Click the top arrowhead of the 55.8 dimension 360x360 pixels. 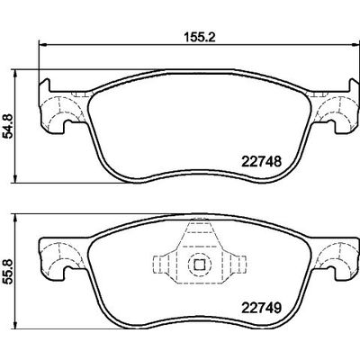click(22, 215)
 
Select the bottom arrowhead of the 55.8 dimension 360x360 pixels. click(22, 336)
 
